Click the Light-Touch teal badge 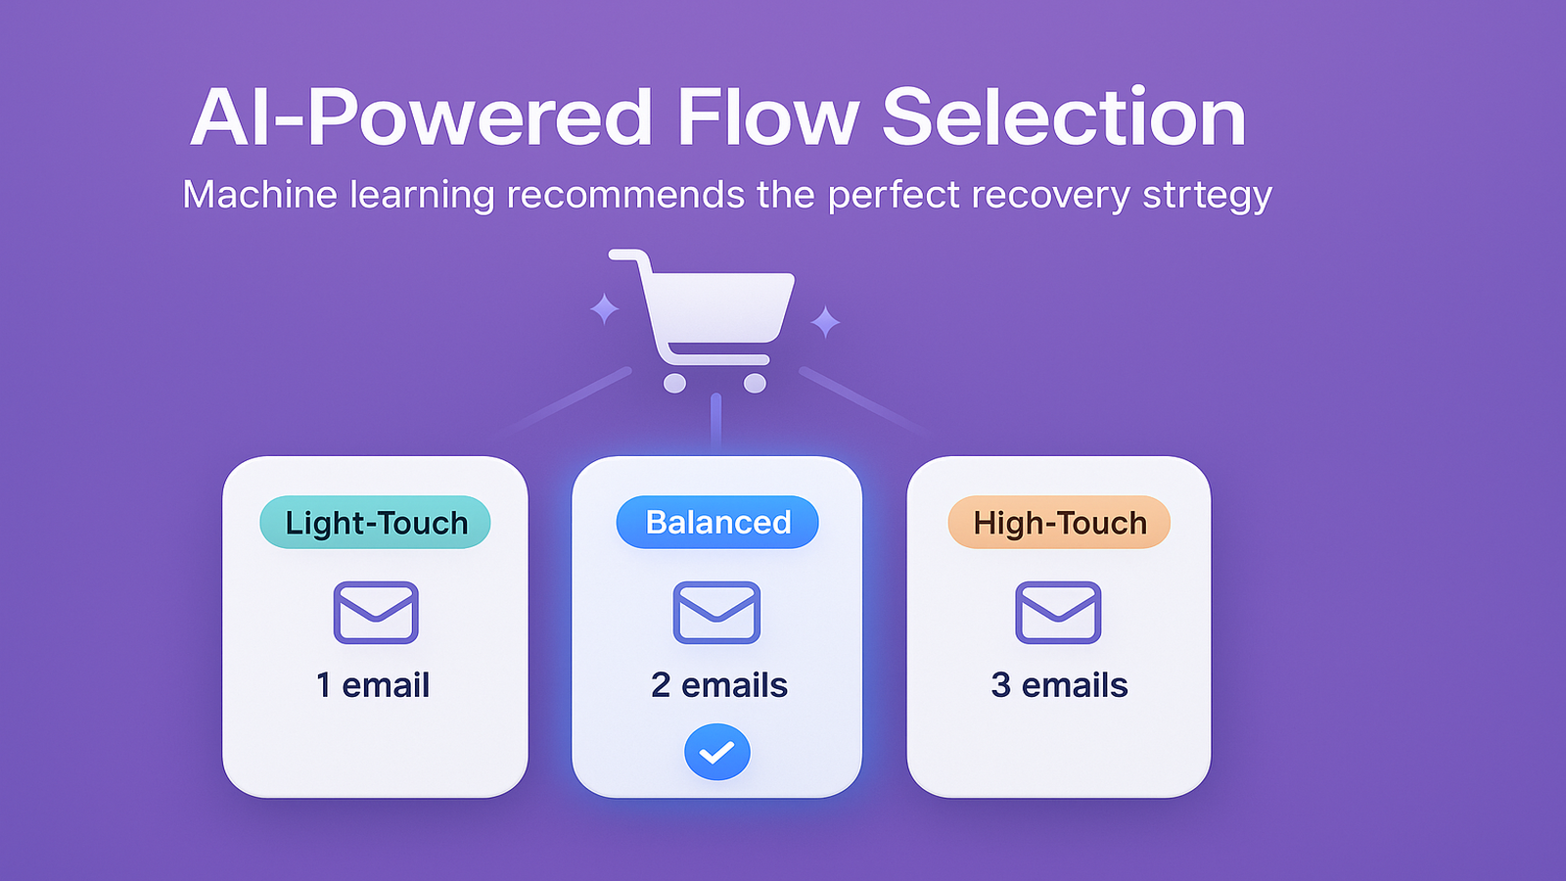[x=375, y=523]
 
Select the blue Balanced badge [x=717, y=523]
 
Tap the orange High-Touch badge [x=1059, y=523]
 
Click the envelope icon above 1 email [x=376, y=613]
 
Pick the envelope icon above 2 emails [x=716, y=613]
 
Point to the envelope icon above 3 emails [x=1058, y=613]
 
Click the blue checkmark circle [x=716, y=752]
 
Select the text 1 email [x=373, y=685]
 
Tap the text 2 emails [x=718, y=685]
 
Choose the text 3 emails [x=1059, y=685]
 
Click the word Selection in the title [x=1064, y=117]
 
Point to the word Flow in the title [x=767, y=117]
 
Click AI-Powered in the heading [x=421, y=117]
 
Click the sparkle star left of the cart [x=604, y=309]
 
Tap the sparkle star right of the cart [x=825, y=321]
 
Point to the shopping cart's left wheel [x=674, y=383]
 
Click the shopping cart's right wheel [x=755, y=383]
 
